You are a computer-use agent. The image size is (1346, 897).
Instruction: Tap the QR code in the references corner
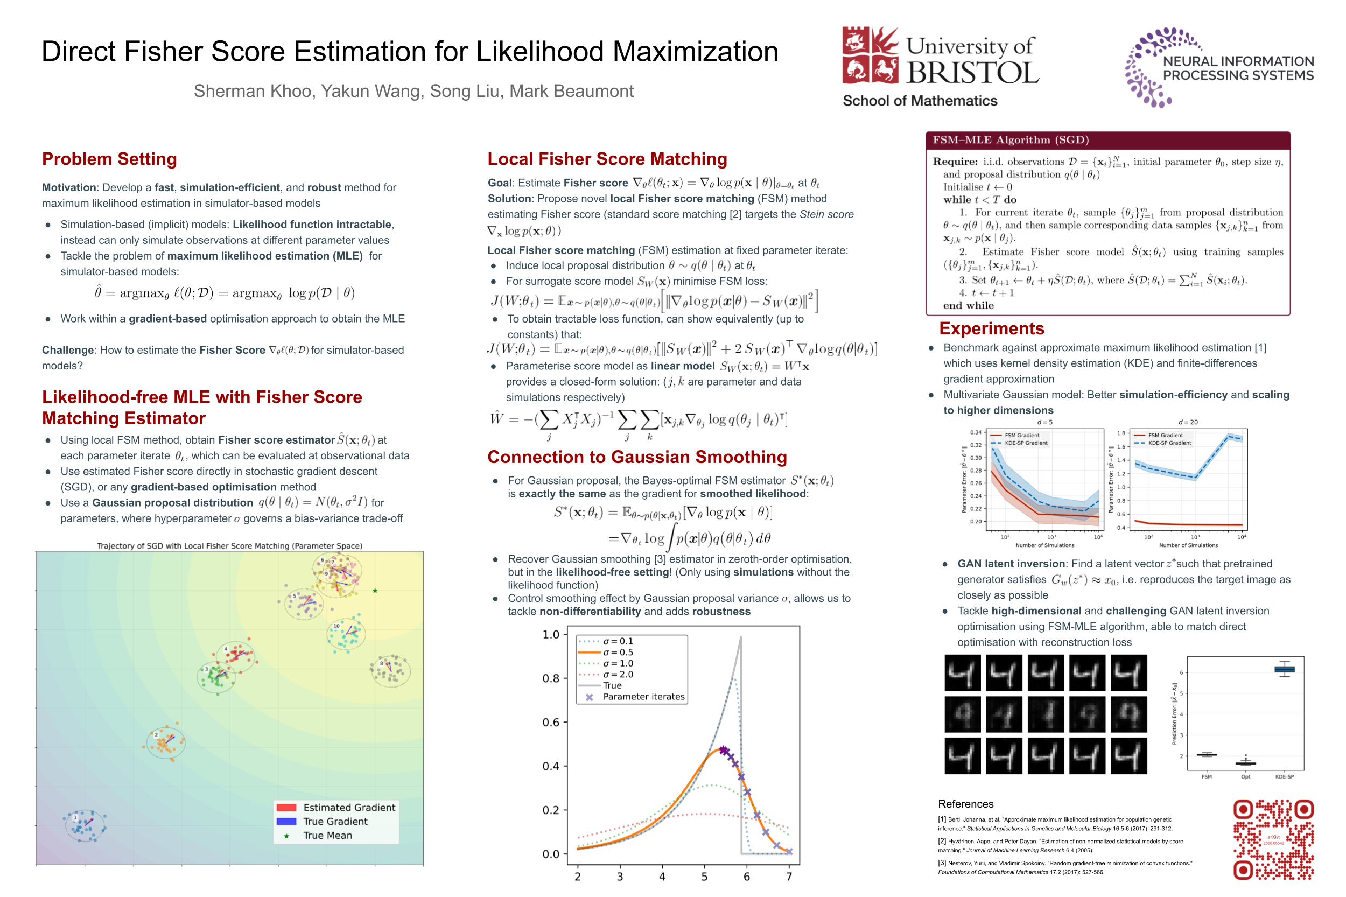point(1273,839)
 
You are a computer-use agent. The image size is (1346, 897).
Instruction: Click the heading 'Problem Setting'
point(109,159)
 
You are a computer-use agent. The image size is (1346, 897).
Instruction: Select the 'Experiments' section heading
point(991,328)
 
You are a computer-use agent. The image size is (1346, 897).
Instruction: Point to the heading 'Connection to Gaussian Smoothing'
point(637,457)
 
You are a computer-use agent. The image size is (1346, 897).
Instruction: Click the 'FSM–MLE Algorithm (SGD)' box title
point(1010,140)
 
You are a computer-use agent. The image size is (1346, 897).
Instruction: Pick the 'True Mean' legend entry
point(327,835)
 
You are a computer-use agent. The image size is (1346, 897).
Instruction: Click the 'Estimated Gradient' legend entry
point(348,807)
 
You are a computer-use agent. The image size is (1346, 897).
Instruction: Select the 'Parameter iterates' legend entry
point(643,697)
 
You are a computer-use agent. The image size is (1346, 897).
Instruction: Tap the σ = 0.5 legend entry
point(618,652)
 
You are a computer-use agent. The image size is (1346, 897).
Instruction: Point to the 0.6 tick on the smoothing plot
point(551,723)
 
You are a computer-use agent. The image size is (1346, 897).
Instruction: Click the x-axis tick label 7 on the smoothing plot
point(789,877)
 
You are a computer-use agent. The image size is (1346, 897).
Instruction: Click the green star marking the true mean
point(375,590)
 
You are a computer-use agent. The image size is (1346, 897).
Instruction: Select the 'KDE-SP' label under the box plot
point(1284,777)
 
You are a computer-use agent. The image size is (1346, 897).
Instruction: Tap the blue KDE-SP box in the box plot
point(1284,669)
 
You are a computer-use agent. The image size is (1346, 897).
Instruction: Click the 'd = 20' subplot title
point(1188,422)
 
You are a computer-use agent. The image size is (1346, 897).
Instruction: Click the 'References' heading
point(965,804)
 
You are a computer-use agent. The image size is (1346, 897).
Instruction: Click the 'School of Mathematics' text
point(920,101)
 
